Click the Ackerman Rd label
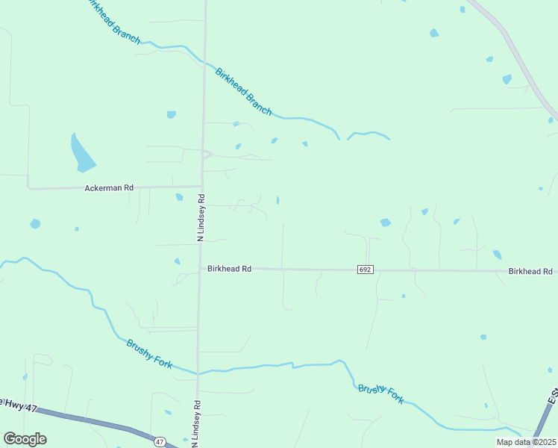(108, 188)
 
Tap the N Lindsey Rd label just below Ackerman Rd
(201, 217)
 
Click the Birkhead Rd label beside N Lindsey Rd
(230, 269)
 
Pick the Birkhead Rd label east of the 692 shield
(530, 272)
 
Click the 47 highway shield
(160, 442)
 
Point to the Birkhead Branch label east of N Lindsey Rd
(243, 91)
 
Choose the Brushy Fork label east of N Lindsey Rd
(380, 393)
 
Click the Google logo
(25, 439)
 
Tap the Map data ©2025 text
(526, 442)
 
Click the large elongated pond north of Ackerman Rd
(81, 152)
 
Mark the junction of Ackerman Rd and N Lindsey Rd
(202, 186)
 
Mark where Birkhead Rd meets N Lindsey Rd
(200, 269)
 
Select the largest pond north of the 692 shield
(385, 223)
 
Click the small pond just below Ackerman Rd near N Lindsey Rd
(179, 197)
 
